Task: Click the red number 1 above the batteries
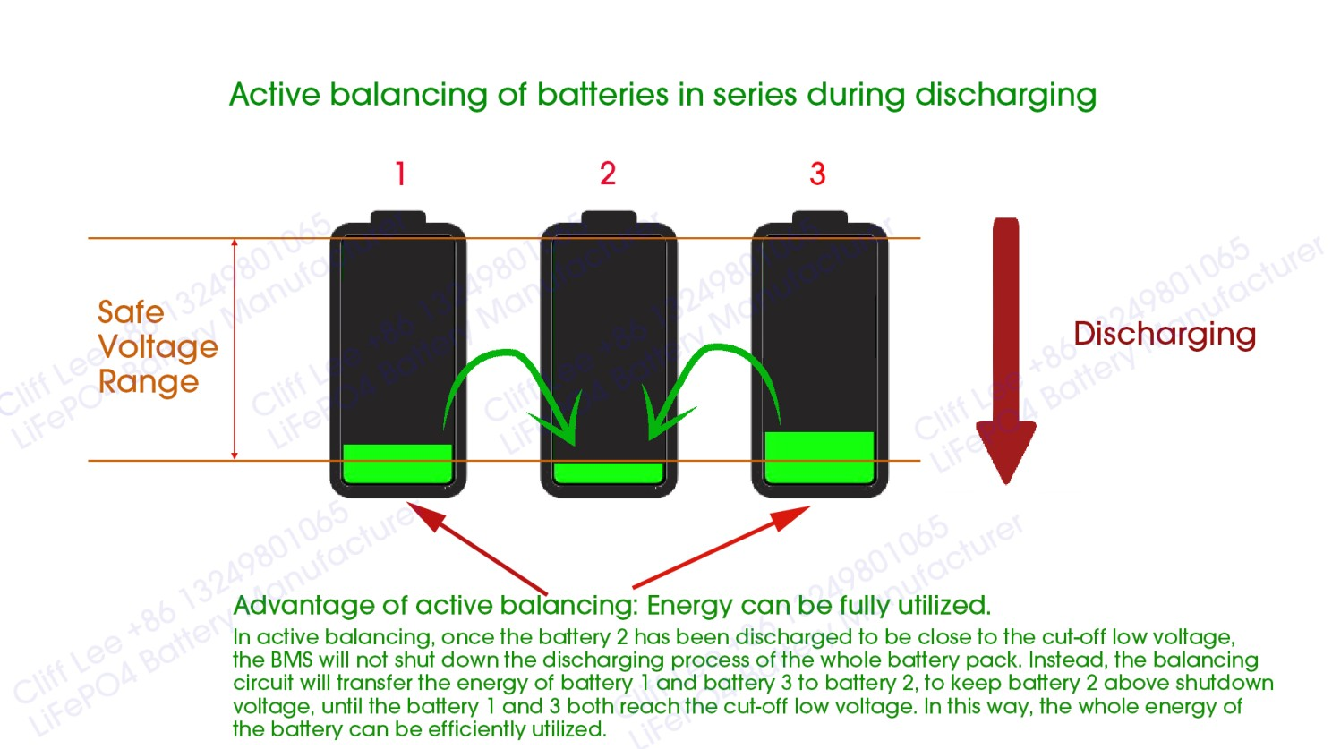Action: point(400,174)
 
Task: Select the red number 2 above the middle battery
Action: point(608,174)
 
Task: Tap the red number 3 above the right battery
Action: point(817,174)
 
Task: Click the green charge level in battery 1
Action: point(397,464)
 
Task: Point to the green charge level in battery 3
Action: point(819,457)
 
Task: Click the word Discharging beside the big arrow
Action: point(1165,334)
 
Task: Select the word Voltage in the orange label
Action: point(158,347)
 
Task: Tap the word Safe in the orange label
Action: point(131,312)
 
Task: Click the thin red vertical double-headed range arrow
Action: point(235,349)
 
